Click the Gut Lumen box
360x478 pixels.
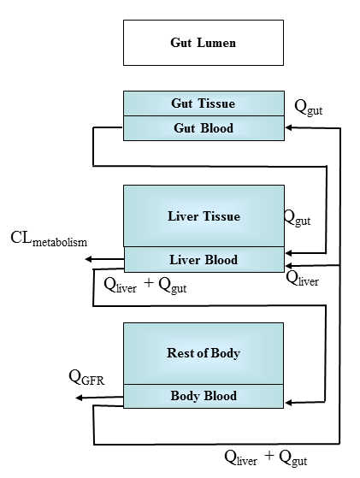203,43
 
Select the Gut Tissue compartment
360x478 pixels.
203,103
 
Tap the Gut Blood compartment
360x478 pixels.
203,128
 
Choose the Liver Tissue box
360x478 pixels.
203,216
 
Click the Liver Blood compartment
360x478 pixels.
203,258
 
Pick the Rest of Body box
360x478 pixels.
203,353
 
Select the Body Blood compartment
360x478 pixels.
203,396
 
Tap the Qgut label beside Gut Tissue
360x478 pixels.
309,107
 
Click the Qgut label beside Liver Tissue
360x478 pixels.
298,218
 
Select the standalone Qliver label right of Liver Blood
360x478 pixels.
303,277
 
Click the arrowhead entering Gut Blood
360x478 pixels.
289,128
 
